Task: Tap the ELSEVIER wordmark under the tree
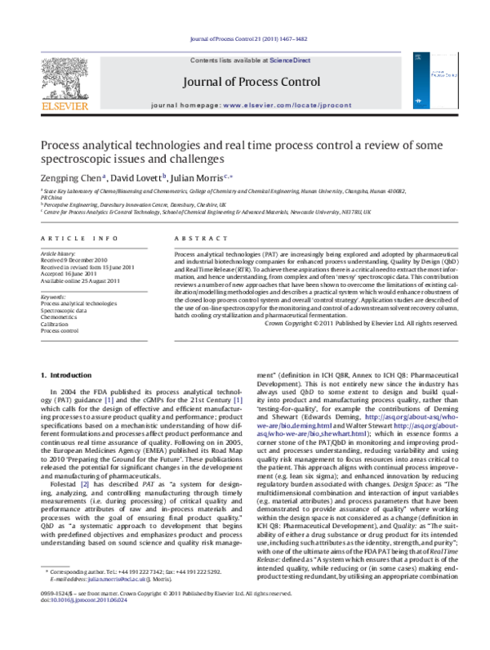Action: tap(62, 105)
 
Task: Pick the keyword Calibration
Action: tap(56, 324)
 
